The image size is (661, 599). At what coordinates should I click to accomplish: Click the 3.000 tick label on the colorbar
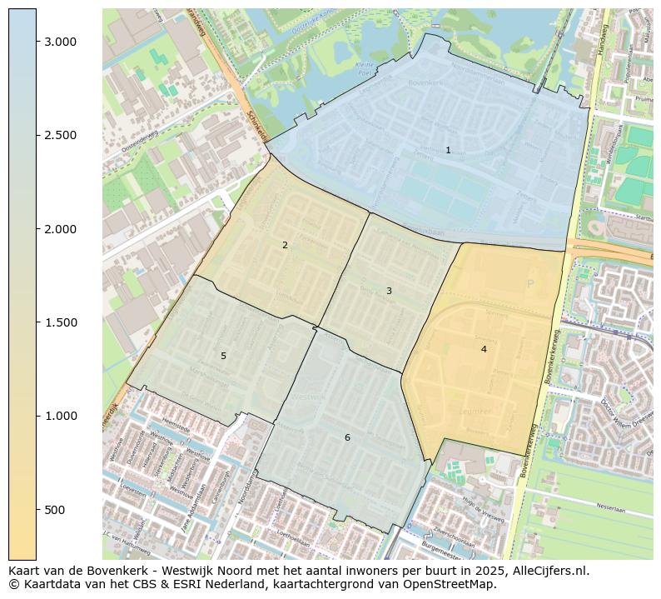point(60,42)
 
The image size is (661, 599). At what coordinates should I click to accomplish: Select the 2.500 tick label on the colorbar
point(60,135)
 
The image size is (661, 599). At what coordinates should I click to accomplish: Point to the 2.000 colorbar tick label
point(60,229)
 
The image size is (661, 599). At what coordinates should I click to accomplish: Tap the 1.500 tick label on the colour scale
point(60,322)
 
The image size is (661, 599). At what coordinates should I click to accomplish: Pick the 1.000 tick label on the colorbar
point(60,416)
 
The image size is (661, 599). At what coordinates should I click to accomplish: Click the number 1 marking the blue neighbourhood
point(448,151)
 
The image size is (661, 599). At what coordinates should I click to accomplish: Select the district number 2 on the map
point(285,245)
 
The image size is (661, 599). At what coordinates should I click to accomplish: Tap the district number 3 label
point(389,291)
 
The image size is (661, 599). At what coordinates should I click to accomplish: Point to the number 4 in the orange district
point(484,349)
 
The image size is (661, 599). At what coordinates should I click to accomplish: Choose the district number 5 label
point(223,356)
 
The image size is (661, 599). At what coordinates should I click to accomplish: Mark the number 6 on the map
point(347,437)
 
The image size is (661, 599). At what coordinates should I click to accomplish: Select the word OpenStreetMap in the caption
point(450,585)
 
